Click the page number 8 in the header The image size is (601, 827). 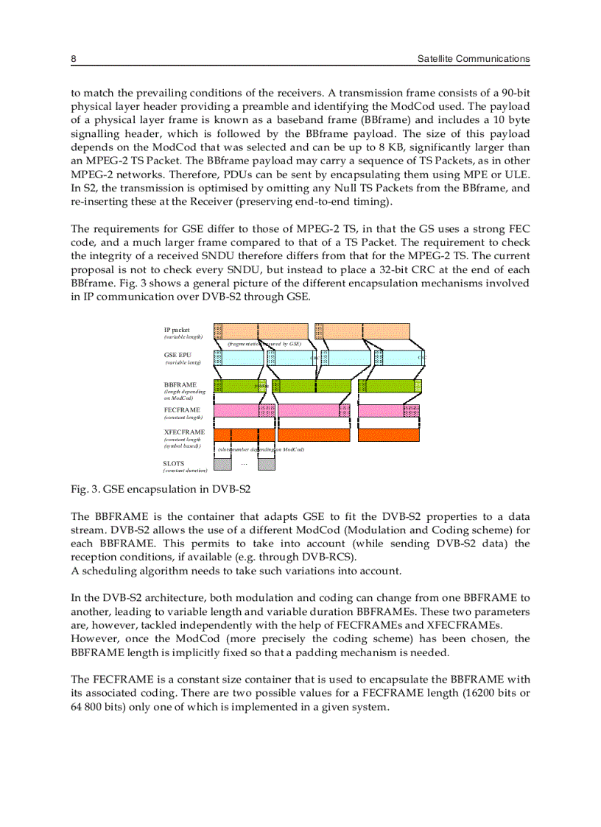pos(74,59)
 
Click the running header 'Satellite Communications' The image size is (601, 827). pos(473,59)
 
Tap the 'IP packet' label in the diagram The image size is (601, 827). pos(176,330)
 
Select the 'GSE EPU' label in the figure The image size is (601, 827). pos(177,355)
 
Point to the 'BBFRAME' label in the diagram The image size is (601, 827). pos(180,384)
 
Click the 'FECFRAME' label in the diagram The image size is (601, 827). pos(181,409)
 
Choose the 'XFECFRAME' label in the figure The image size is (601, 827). pos(184,432)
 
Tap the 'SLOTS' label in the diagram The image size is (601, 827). pos(174,463)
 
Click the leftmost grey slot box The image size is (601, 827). pos(222,464)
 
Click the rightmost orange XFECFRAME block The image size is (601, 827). pos(388,435)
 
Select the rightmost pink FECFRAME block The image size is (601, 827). pos(388,410)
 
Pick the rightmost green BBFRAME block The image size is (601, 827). pos(388,385)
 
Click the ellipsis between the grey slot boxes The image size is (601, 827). pos(244,463)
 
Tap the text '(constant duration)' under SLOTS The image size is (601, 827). pos(185,470)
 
